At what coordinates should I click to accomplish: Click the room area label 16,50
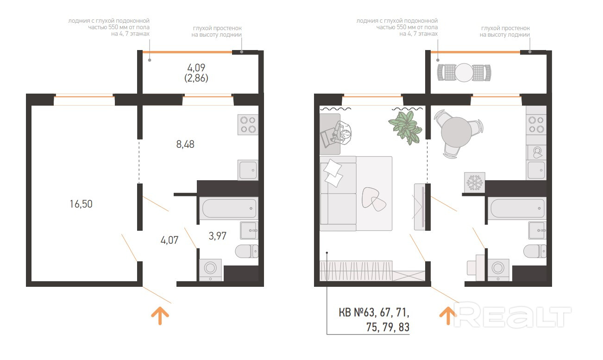(x=81, y=204)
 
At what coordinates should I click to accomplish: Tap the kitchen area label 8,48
(x=185, y=144)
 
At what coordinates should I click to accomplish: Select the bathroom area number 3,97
(x=218, y=236)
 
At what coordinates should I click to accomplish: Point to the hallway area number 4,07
(x=170, y=240)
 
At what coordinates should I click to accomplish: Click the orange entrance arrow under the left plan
(x=160, y=316)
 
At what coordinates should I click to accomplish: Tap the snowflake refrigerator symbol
(x=475, y=182)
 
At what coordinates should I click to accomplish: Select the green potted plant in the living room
(x=405, y=127)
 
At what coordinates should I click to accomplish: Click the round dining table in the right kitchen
(x=456, y=132)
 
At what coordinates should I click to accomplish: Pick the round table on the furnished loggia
(x=464, y=72)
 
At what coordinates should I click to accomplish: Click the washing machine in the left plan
(x=211, y=270)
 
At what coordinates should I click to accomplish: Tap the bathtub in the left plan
(x=229, y=208)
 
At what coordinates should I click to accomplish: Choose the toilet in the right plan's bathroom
(x=534, y=251)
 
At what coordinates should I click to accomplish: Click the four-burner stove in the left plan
(x=248, y=125)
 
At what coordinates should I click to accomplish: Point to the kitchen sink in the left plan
(x=248, y=170)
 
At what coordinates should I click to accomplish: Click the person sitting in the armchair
(x=342, y=133)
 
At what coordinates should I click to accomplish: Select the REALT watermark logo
(x=512, y=315)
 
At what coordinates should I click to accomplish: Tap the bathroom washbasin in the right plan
(x=537, y=230)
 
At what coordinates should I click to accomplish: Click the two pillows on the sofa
(x=333, y=173)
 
